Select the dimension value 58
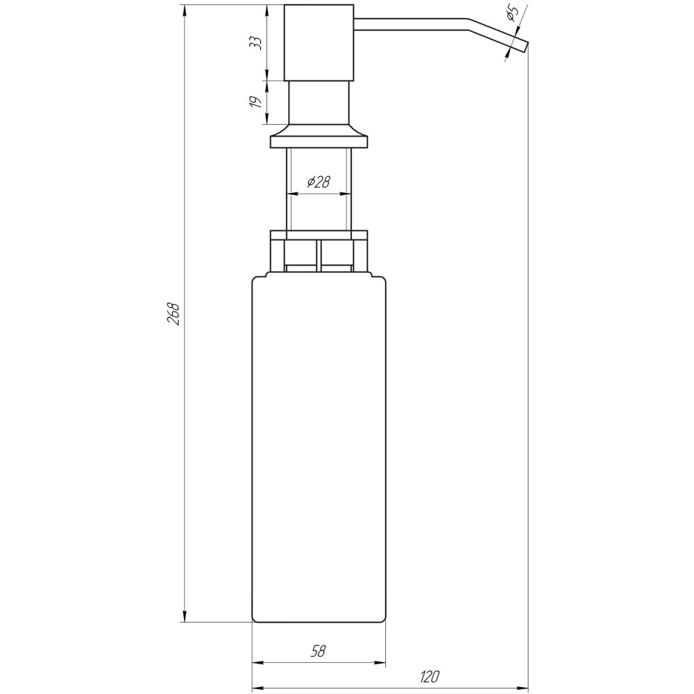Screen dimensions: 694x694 click(x=318, y=651)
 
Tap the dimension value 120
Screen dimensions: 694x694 click(x=430, y=676)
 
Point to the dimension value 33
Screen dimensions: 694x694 click(x=256, y=42)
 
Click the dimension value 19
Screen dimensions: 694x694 click(x=256, y=102)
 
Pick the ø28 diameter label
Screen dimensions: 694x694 click(x=319, y=182)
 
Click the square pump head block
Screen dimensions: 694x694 click(x=320, y=42)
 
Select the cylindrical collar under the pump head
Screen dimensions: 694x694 click(x=319, y=102)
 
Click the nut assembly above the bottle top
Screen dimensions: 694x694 click(x=319, y=251)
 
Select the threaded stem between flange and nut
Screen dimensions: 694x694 click(x=319, y=208)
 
